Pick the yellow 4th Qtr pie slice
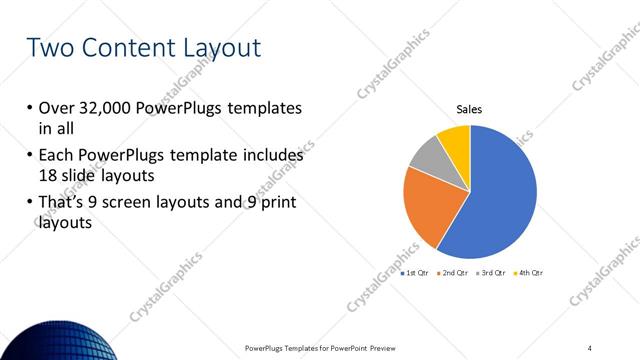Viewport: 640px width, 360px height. click(456, 140)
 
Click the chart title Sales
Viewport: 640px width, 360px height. click(470, 109)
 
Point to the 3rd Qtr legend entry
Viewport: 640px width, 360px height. click(491, 273)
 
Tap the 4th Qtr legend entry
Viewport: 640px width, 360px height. click(528, 273)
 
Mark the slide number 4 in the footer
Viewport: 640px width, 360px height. click(590, 348)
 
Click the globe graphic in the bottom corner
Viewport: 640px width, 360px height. click(50, 335)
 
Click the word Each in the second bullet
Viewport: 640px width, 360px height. click(56, 156)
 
